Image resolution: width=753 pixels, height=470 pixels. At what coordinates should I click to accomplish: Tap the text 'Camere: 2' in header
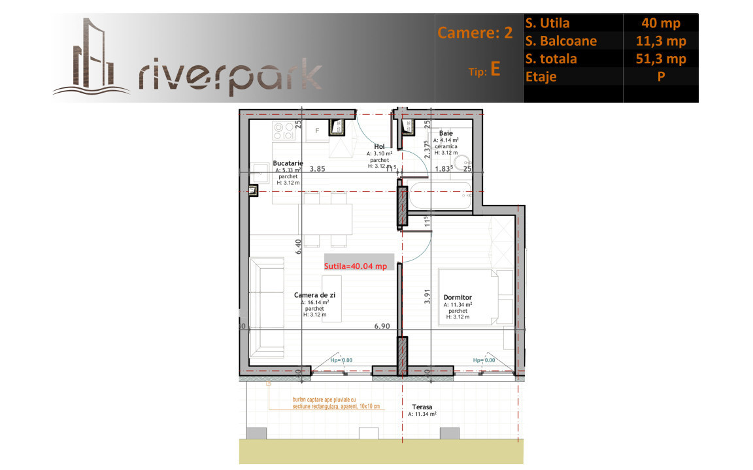click(475, 33)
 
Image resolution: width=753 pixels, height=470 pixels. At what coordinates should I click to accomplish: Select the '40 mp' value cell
click(661, 23)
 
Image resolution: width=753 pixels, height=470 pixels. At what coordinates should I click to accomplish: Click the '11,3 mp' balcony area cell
click(661, 41)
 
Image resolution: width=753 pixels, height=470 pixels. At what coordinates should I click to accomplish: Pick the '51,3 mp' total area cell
click(661, 59)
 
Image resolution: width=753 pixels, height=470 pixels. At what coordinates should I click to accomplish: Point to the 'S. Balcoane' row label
click(561, 41)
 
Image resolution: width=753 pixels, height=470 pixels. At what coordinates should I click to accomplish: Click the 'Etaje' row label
click(541, 77)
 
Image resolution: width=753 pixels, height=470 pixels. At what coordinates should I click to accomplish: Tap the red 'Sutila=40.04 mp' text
click(356, 266)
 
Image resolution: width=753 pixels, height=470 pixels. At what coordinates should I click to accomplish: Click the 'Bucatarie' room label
click(288, 164)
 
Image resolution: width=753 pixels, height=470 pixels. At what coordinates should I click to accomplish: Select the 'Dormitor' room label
click(458, 298)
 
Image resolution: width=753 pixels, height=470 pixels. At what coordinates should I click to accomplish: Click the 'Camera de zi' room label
click(314, 295)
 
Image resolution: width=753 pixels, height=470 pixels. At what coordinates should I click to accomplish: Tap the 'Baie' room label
click(445, 133)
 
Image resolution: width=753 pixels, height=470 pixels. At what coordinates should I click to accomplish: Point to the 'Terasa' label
click(422, 407)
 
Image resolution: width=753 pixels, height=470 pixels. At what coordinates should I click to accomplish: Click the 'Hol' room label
click(379, 147)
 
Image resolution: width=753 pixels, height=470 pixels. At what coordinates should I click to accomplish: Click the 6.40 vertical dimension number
click(298, 246)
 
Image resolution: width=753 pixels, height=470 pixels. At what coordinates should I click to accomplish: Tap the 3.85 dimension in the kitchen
click(317, 168)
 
